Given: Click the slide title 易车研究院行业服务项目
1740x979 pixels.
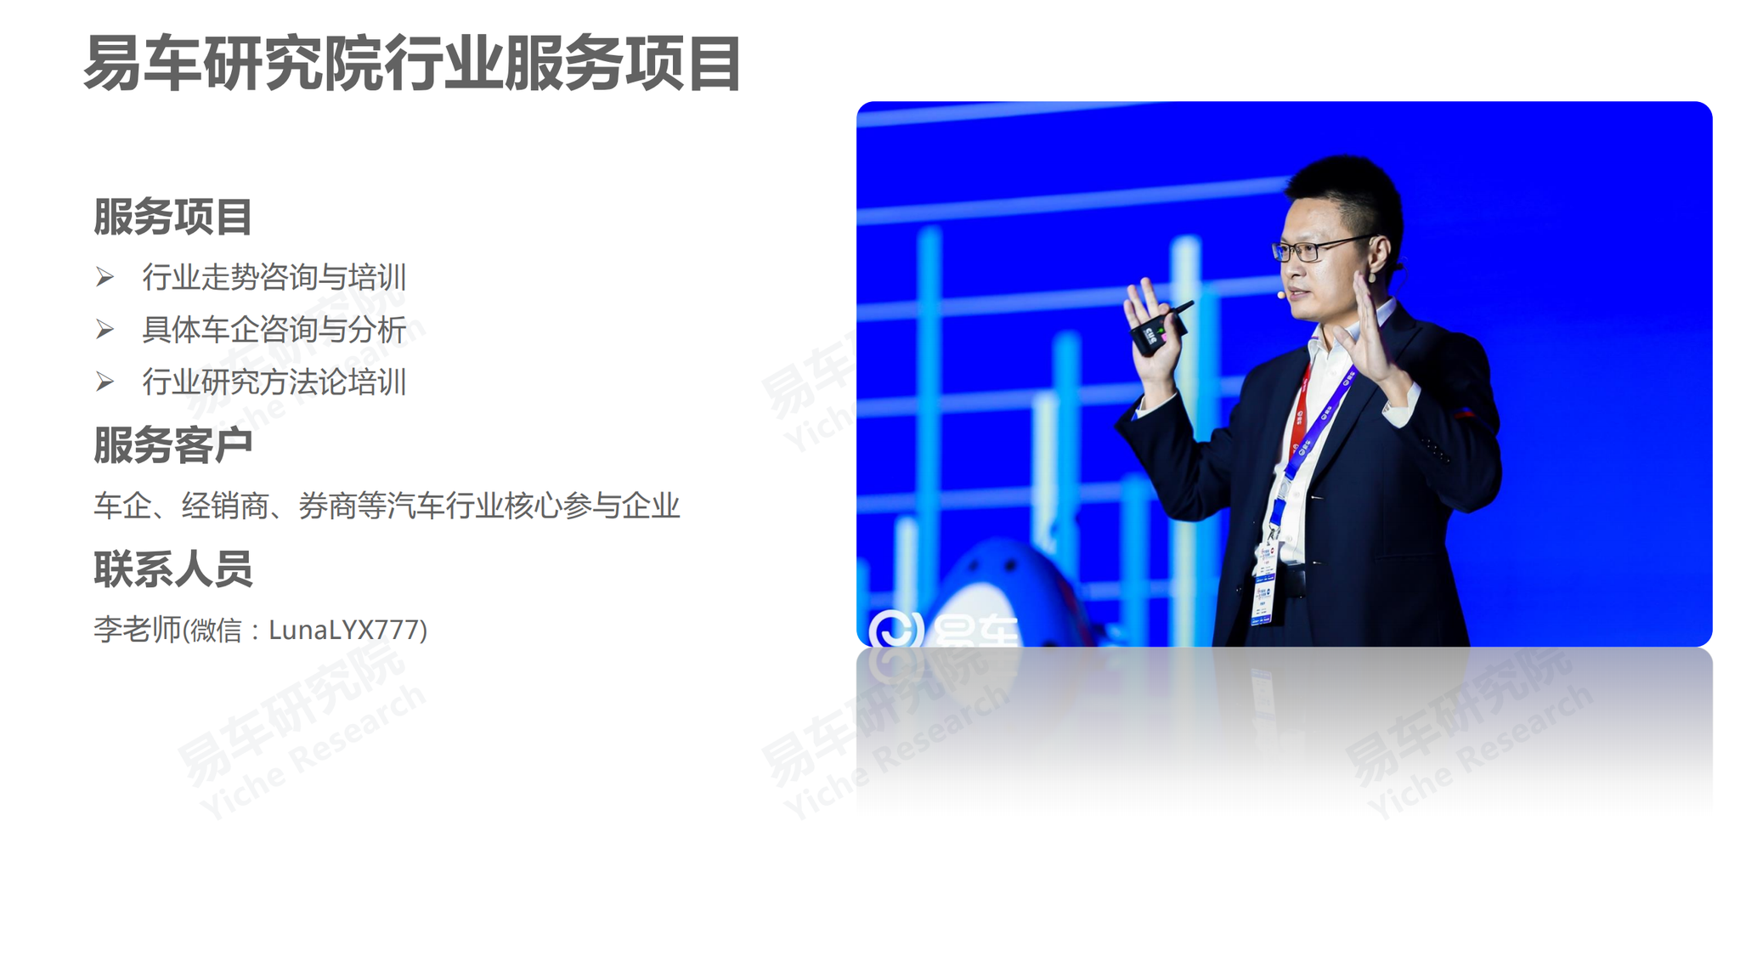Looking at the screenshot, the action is (413, 64).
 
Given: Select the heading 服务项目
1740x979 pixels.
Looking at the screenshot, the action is (172, 217).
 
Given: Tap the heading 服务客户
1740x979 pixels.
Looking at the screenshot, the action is (172, 444).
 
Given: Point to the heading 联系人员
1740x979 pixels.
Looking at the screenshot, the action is (172, 569).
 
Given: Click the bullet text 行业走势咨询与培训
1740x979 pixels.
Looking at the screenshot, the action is (274, 277).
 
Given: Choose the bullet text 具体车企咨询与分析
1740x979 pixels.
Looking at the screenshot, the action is (274, 330).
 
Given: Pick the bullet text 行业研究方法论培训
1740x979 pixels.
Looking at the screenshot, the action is (274, 382).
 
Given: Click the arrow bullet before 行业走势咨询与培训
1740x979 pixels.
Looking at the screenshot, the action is (105, 277).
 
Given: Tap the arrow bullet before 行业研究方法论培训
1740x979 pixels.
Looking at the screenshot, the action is (105, 382).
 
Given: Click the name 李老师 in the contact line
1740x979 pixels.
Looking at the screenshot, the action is (138, 630).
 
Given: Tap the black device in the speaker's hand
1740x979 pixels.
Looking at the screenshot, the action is (1160, 328).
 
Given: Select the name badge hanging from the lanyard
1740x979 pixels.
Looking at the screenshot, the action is (1264, 586).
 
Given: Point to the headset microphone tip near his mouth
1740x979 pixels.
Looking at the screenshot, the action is (1281, 295).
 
